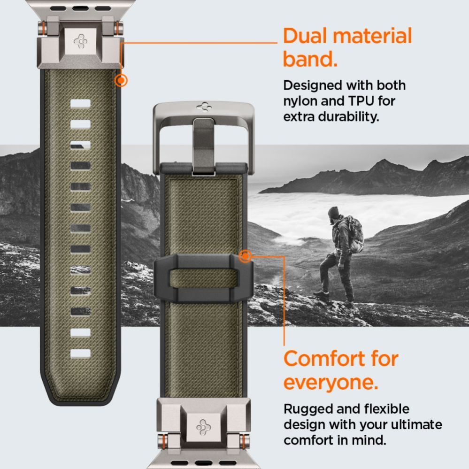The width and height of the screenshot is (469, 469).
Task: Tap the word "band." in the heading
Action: pyautogui.click(x=310, y=60)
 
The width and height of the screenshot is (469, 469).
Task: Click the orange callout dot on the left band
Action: pyautogui.click(x=121, y=81)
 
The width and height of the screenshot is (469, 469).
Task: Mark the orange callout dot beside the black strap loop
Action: pyautogui.click(x=245, y=256)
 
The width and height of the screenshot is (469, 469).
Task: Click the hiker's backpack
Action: pyautogui.click(x=356, y=234)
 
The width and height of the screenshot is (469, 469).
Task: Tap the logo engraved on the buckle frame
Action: pyautogui.click(x=204, y=107)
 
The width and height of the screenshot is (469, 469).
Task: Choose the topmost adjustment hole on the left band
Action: pyautogui.click(x=80, y=104)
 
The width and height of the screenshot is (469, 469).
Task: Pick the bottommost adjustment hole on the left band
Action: pyautogui.click(x=80, y=353)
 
